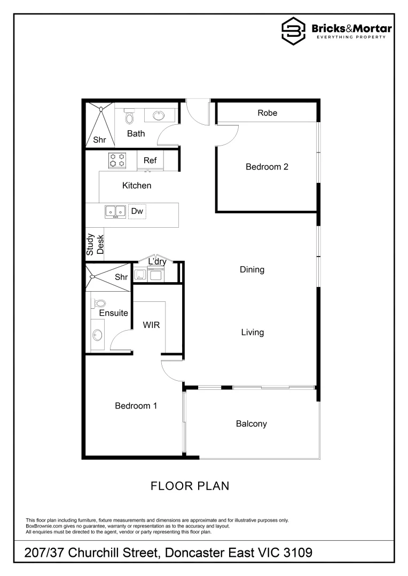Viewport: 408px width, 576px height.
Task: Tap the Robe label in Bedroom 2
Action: [267, 113]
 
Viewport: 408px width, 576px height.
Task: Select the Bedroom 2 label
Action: [267, 167]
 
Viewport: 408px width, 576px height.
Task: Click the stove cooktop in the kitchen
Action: [117, 159]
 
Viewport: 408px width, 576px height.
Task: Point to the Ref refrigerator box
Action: [150, 160]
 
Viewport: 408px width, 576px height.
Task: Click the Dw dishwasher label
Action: [137, 212]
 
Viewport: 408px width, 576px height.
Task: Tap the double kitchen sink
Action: [115, 212]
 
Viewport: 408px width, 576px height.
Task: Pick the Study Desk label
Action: [95, 244]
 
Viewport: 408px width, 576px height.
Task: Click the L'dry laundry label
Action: [157, 262]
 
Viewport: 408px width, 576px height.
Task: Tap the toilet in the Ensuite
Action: [99, 304]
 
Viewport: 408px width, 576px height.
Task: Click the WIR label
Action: [151, 325]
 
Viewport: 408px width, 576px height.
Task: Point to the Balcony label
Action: [251, 424]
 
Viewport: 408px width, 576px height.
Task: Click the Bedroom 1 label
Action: [136, 406]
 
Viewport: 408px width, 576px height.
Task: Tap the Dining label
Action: [252, 270]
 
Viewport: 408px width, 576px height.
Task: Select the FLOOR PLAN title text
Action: [190, 486]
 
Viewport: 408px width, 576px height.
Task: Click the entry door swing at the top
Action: [194, 113]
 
